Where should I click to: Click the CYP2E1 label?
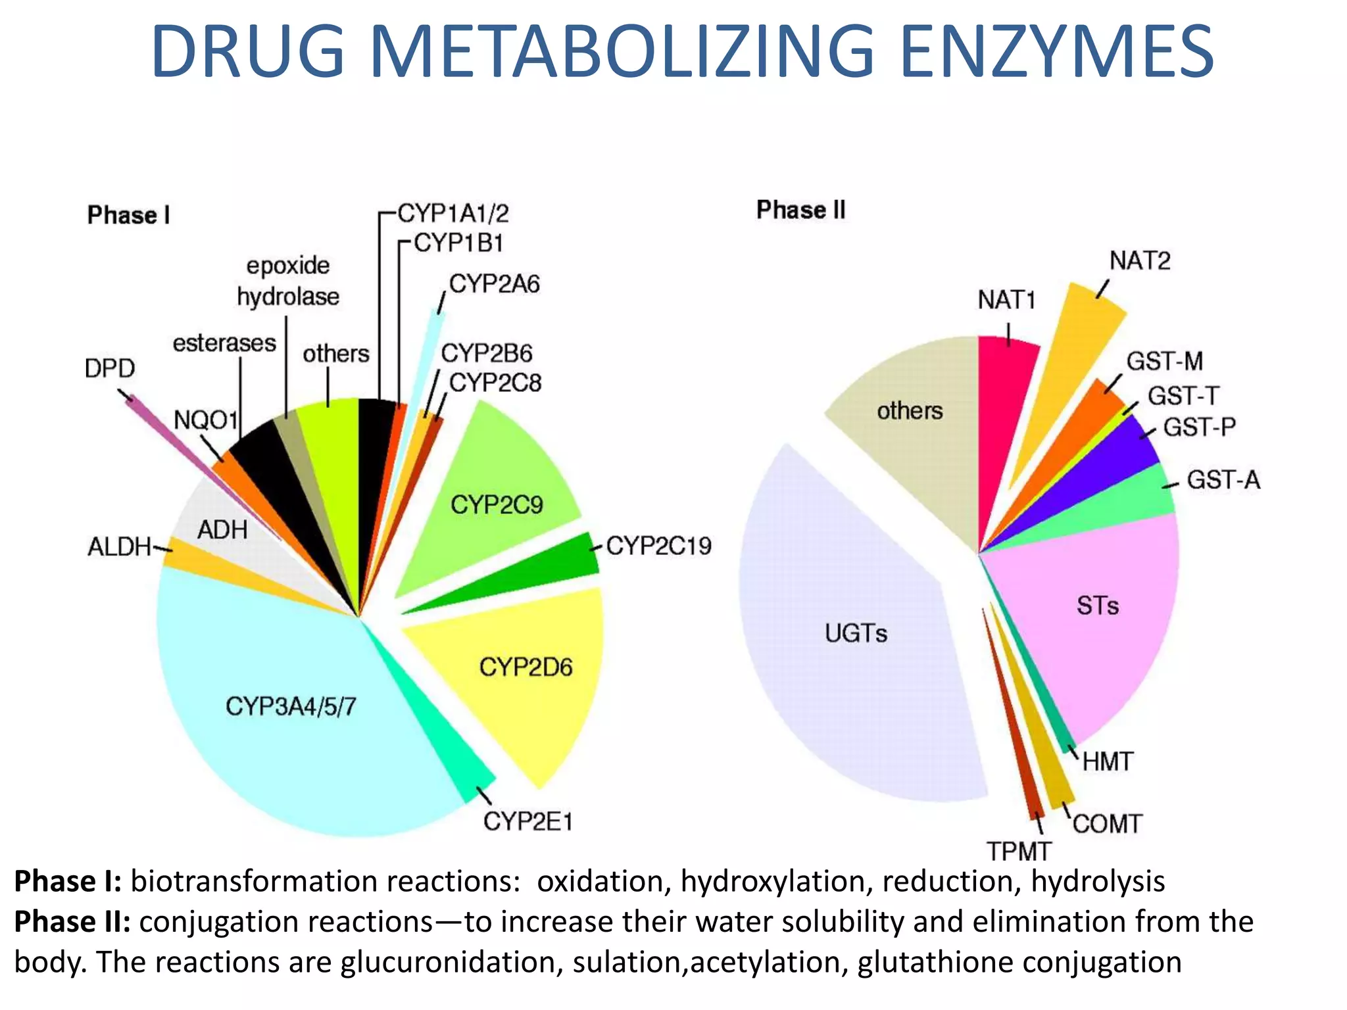(x=527, y=821)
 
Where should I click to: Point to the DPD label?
(x=110, y=368)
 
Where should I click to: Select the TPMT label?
(x=1019, y=852)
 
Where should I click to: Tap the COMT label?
(x=1108, y=824)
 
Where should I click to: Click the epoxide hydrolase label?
(x=288, y=281)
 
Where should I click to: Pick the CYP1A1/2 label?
(x=453, y=213)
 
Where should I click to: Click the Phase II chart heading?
(x=800, y=210)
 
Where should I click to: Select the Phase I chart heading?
(x=129, y=215)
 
